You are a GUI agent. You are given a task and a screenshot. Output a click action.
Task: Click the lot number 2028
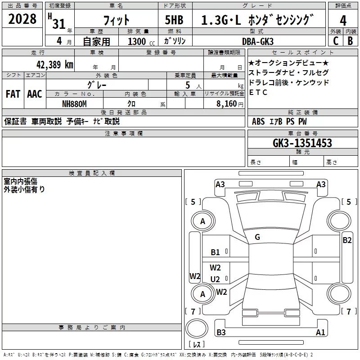tap(22, 19)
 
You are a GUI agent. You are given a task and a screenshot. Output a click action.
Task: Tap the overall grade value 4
tap(343, 21)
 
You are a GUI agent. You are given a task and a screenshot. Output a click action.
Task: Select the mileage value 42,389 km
tap(54, 65)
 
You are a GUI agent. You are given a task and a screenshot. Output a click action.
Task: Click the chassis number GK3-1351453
tap(302, 143)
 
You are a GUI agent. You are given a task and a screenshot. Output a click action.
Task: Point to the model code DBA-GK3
tap(258, 41)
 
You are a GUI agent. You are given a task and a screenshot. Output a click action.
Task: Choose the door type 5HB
tap(174, 20)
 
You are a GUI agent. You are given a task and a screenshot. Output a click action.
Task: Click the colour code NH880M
tap(74, 104)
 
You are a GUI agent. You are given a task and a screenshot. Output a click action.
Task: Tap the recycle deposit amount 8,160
tap(226, 104)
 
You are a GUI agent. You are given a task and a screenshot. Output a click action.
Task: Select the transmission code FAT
tap(13, 94)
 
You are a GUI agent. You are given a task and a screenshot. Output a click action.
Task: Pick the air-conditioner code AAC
tap(35, 94)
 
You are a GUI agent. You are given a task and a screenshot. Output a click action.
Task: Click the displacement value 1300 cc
tap(141, 41)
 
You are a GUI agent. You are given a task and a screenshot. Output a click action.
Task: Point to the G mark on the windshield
tap(257, 237)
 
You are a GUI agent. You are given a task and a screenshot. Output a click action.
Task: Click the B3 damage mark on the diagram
tap(221, 332)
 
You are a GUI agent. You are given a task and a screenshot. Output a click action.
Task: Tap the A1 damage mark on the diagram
tap(320, 332)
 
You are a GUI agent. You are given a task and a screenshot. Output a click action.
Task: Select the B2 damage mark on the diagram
tap(347, 240)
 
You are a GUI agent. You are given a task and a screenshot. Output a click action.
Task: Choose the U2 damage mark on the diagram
tap(215, 279)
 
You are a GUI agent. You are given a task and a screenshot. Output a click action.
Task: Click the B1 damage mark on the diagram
tap(215, 252)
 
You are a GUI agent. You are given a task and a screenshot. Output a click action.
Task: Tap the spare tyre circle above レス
tap(197, 328)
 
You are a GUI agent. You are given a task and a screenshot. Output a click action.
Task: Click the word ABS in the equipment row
tap(258, 121)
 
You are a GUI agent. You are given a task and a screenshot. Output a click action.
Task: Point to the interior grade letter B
tap(350, 41)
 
